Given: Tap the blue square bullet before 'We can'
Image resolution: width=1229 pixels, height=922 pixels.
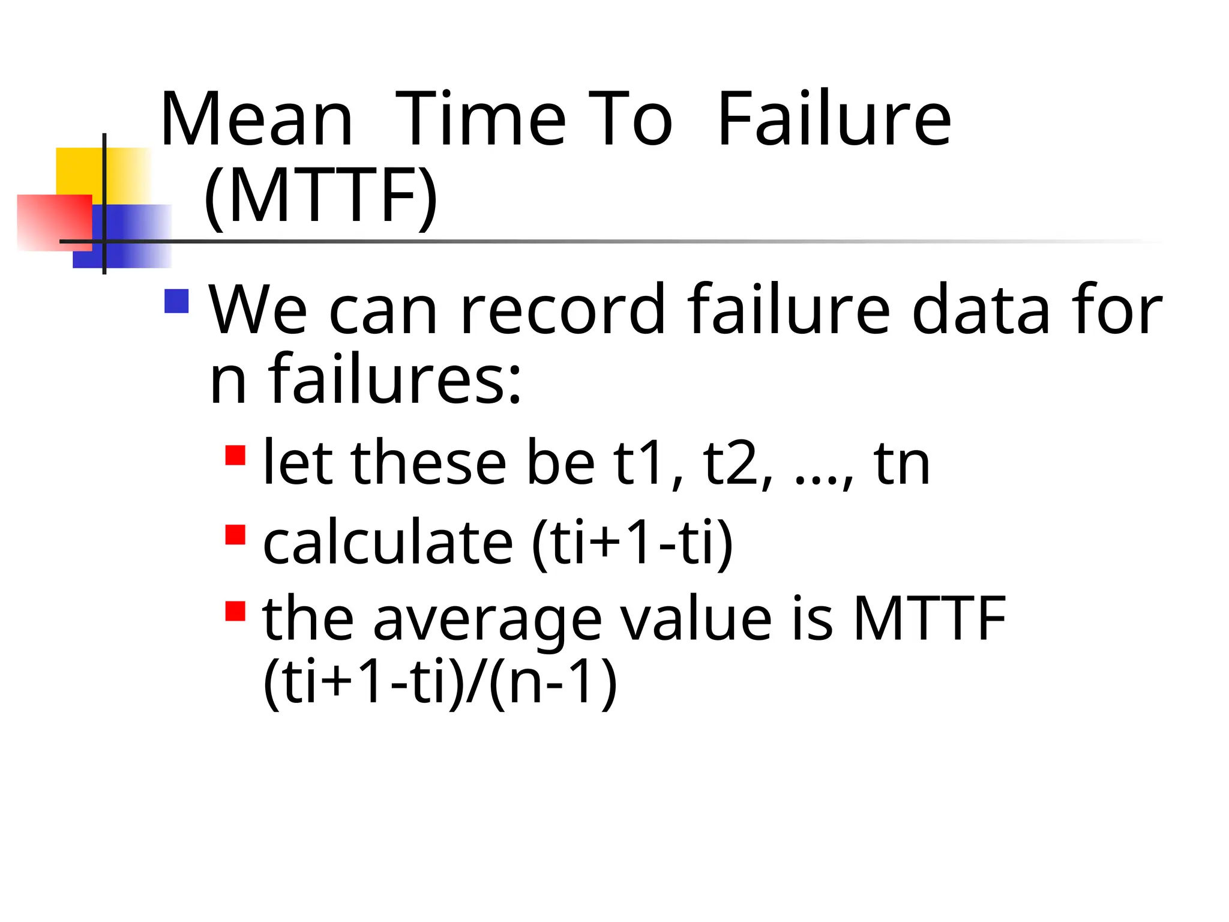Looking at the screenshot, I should [x=176, y=301].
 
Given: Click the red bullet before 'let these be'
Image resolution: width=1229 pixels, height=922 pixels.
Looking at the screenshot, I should [x=235, y=455].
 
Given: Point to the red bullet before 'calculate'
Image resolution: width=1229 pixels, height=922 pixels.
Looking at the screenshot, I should [x=235, y=534].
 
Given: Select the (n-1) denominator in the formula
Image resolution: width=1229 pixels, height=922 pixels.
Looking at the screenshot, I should [x=553, y=682].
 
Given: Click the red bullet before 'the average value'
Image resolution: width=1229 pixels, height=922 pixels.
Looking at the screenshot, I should [x=235, y=611].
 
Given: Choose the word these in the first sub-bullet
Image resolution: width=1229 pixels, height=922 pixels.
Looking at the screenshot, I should [x=428, y=463].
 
